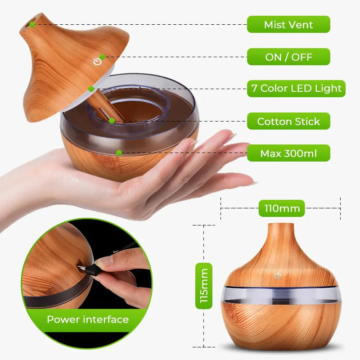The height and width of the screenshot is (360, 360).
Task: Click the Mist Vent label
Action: click(288, 24)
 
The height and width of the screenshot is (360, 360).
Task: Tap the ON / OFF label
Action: click(288, 57)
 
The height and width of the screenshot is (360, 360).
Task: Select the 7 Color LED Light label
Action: click(297, 89)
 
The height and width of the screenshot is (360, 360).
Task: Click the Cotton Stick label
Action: click(288, 121)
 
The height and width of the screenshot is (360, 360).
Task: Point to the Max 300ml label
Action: click(288, 153)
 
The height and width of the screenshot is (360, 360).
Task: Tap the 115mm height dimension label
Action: click(204, 286)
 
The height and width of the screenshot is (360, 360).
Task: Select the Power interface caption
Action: click(88, 320)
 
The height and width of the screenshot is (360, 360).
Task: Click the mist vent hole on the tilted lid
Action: click(32, 23)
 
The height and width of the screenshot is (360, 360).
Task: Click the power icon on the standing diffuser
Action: click(278, 275)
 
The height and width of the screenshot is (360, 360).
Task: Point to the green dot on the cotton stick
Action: click(111, 121)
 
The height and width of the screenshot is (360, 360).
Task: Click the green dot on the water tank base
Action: click(119, 153)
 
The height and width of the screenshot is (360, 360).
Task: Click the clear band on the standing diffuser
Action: click(279, 294)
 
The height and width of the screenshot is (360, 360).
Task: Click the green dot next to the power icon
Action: click(103, 57)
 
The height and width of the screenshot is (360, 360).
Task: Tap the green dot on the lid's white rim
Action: click(91, 89)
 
